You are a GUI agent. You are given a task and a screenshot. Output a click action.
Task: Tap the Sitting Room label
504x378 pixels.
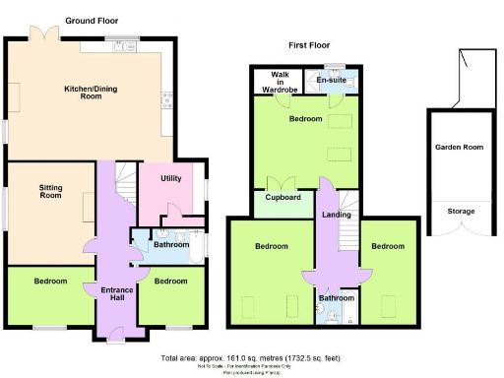tap(51, 191)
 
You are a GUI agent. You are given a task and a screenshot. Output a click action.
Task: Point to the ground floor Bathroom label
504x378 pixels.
tap(171, 245)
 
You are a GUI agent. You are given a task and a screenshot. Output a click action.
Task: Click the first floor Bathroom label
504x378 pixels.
tap(338, 298)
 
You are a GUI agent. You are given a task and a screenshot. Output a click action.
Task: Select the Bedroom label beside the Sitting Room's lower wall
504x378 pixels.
tap(50, 281)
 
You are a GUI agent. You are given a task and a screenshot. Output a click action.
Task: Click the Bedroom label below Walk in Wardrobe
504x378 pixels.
tap(305, 119)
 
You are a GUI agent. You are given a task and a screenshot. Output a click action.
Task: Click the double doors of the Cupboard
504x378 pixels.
tap(283, 183)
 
